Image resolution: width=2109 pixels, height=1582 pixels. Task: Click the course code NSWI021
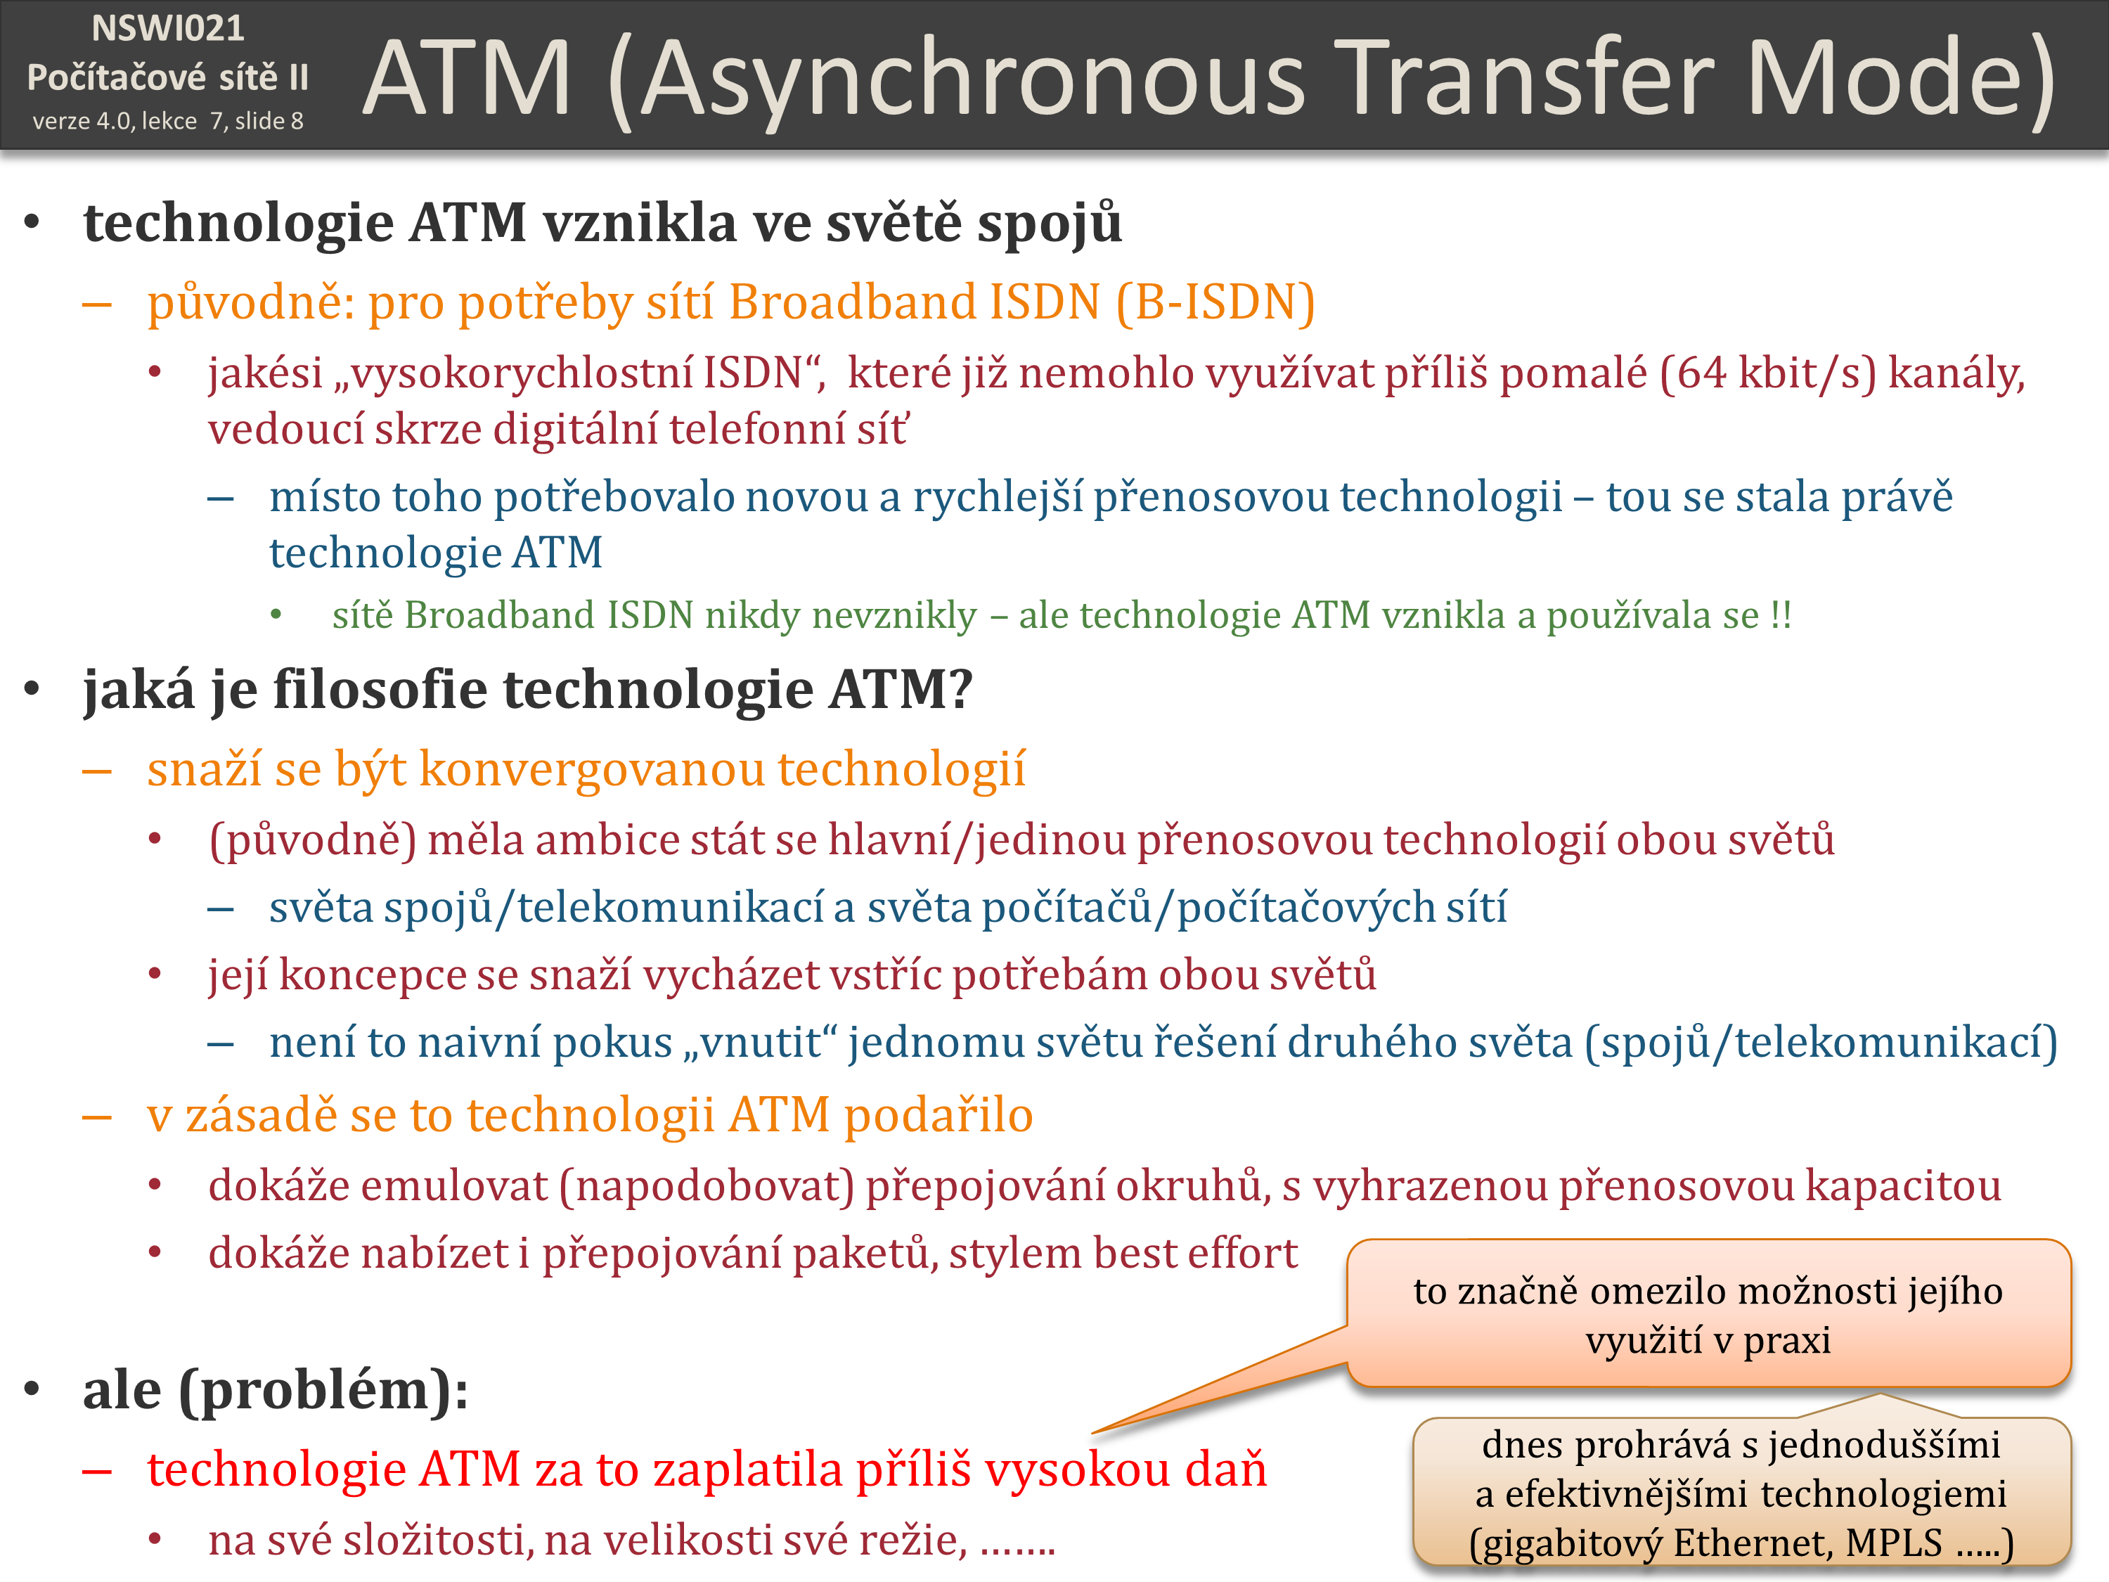168,29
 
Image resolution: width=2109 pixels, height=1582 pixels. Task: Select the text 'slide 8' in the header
269,121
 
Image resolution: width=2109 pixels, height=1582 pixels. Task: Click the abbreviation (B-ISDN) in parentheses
1215,302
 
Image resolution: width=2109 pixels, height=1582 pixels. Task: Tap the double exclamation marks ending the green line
1780,615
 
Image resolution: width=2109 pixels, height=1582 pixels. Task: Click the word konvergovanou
592,769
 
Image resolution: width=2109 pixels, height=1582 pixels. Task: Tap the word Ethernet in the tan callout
1754,1542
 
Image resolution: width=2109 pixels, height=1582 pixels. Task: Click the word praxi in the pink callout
1787,1340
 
